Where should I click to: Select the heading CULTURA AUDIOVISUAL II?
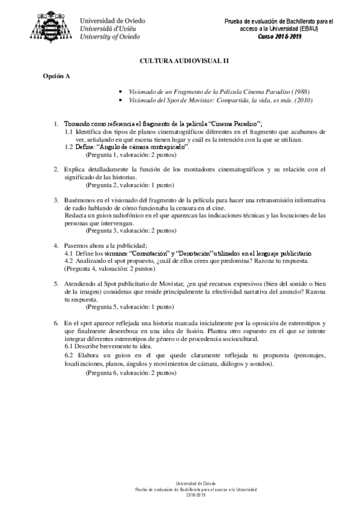(x=180, y=61)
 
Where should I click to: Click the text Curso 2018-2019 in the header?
(x=279, y=36)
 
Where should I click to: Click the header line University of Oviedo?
(x=111, y=37)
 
